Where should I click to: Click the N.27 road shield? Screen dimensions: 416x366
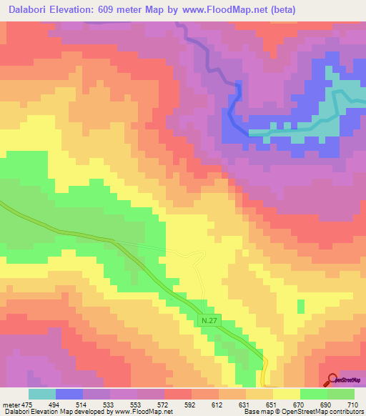[x=208, y=322]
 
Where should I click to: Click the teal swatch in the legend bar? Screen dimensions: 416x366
[x=42, y=394]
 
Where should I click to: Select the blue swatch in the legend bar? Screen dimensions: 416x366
[x=69, y=394]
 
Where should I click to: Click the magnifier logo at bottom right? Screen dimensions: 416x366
[x=332, y=380]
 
